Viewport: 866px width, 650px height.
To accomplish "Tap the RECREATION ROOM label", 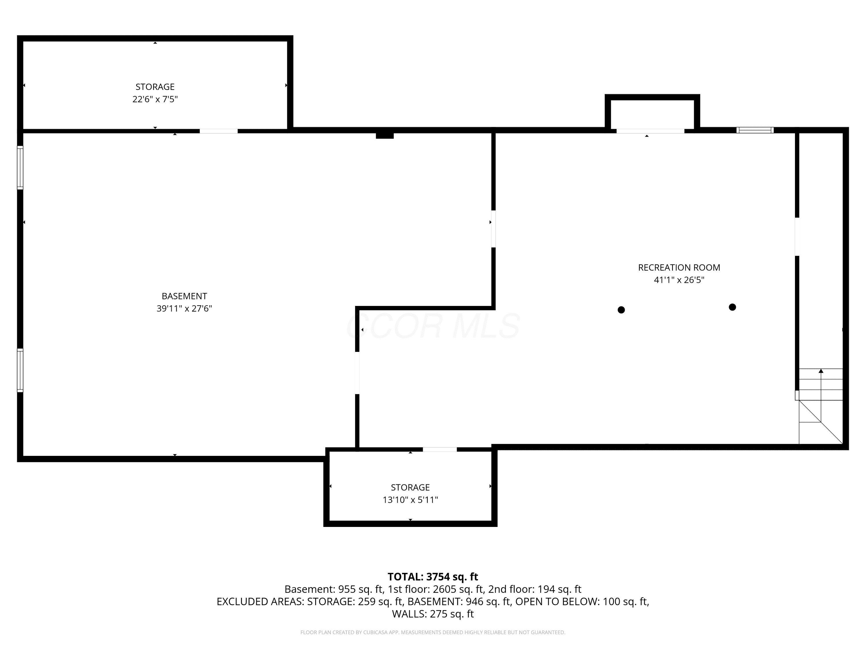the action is (679, 268).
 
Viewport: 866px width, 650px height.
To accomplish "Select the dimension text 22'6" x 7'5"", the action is (155, 99).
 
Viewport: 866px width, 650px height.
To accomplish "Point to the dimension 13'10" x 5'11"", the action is (410, 500).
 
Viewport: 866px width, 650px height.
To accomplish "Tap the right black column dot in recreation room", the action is (732, 307).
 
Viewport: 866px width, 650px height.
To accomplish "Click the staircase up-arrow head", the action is (821, 371).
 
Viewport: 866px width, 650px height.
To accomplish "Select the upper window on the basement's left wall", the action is (20, 168).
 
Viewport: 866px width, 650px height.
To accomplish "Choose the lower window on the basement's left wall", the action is (20, 370).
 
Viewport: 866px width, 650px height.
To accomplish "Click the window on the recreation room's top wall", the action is (755, 130).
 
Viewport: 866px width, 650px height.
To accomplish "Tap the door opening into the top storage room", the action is (219, 131).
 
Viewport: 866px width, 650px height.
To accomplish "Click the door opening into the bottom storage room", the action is (440, 450).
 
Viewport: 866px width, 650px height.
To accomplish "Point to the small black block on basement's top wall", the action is (385, 135).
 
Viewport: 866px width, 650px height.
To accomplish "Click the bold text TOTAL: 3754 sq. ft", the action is (433, 577).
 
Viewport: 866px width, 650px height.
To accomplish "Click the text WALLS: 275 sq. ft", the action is (433, 614).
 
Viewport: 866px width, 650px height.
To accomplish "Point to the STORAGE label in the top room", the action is (155, 87).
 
